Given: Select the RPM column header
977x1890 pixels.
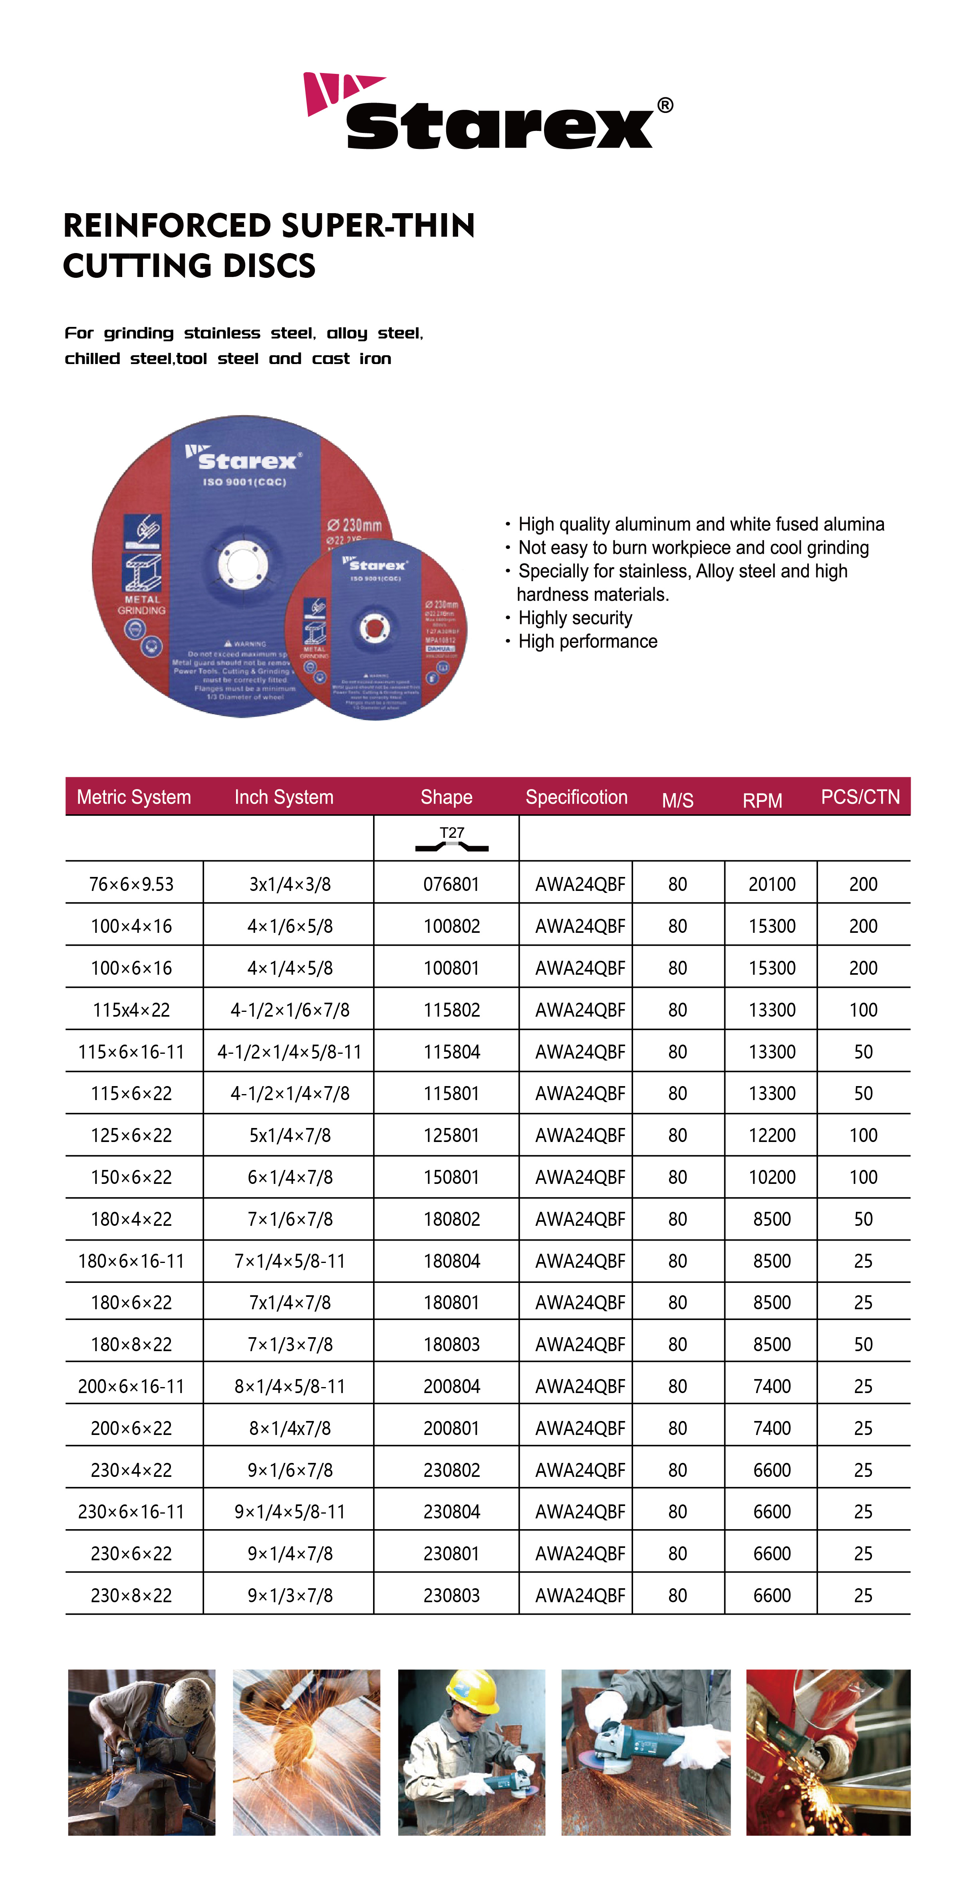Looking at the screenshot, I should click(762, 800).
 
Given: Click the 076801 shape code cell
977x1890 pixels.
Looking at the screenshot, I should click(451, 884).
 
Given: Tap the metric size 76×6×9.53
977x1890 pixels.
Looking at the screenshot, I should click(131, 884).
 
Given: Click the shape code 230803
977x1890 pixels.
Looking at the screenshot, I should click(451, 1596).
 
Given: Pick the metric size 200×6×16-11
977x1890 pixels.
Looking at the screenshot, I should click(131, 1387).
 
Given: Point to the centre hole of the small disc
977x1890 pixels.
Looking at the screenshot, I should click(374, 628).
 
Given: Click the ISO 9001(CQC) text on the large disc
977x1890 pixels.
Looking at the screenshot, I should click(244, 482).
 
